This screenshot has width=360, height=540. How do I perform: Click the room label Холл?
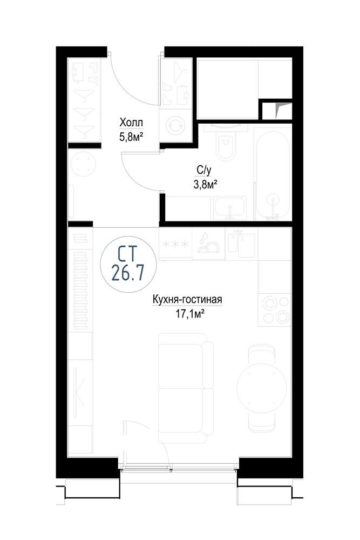click(131, 122)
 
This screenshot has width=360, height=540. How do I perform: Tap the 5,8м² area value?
click(131, 138)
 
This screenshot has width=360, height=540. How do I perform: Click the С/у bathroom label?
click(203, 170)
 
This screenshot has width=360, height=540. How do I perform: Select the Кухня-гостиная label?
click(188, 299)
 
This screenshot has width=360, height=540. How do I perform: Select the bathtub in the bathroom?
click(273, 174)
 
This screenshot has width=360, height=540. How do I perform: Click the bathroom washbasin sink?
click(230, 208)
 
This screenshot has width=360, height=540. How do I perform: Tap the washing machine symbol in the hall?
click(175, 126)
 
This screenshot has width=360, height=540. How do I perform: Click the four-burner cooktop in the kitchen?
click(275, 310)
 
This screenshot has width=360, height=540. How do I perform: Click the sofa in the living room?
click(185, 388)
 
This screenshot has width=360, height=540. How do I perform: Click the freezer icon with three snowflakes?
click(175, 244)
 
